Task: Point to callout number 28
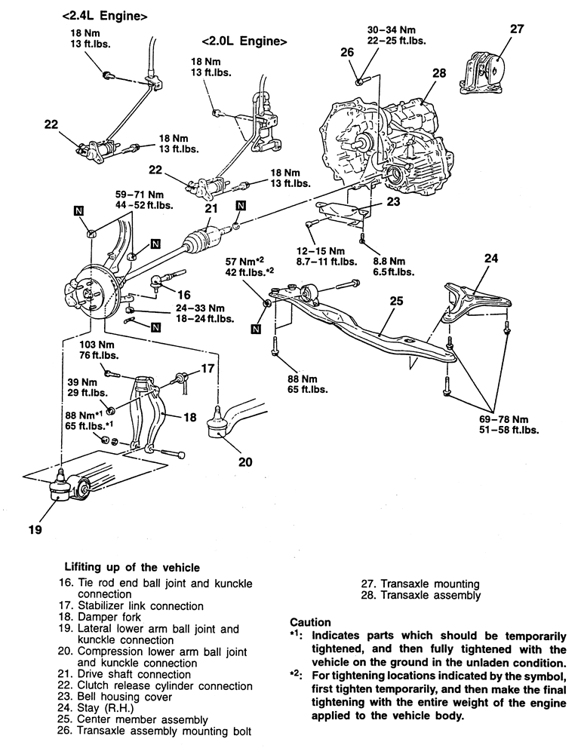pos(440,73)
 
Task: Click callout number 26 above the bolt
pos(346,52)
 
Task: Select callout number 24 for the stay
pos(491,259)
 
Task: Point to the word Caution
pos(310,622)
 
